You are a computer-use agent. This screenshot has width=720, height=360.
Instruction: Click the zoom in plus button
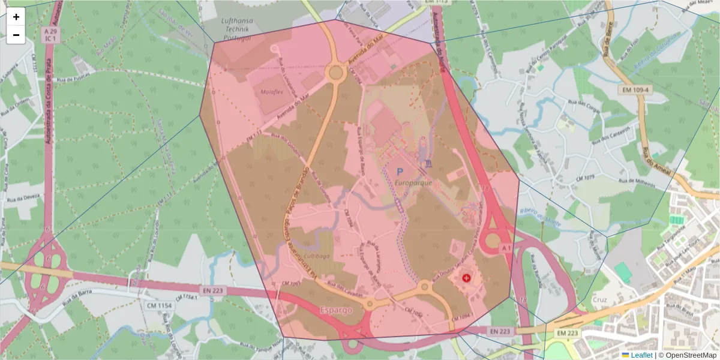(x=16, y=17)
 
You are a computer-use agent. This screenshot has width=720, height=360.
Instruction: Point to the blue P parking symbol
(x=400, y=172)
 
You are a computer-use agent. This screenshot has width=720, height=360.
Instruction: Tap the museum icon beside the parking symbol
(x=428, y=164)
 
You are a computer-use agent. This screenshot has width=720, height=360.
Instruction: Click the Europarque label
(x=414, y=183)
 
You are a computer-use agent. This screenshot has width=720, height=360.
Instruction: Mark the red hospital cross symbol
(x=467, y=278)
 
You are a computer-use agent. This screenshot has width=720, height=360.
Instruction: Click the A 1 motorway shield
(x=506, y=248)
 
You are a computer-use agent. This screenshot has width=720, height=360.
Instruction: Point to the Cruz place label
(x=599, y=299)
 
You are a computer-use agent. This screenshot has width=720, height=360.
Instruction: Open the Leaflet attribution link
(x=641, y=355)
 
